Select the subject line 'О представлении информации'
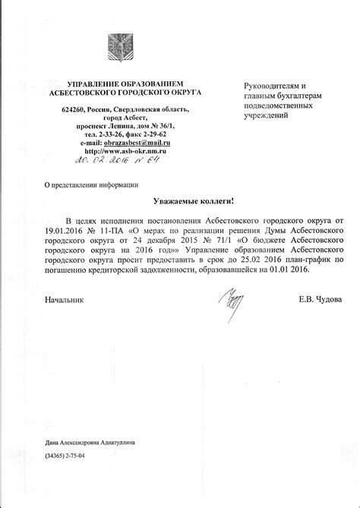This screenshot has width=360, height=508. tap(80, 185)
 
